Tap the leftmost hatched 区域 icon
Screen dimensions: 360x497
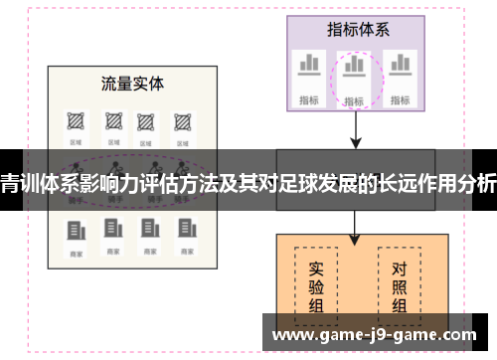(x=75, y=121)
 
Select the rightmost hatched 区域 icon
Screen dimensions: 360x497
(x=182, y=121)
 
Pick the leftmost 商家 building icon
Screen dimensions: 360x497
(x=75, y=230)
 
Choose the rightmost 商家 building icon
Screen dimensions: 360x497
(x=182, y=230)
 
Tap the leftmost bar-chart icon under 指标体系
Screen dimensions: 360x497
(x=308, y=65)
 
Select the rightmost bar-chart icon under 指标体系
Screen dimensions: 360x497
(x=401, y=65)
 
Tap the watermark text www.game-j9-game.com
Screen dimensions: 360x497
(x=380, y=334)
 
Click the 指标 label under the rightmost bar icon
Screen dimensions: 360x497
(x=401, y=98)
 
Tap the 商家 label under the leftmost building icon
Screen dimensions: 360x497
(x=75, y=255)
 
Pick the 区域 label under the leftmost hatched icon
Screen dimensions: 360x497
(x=75, y=144)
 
